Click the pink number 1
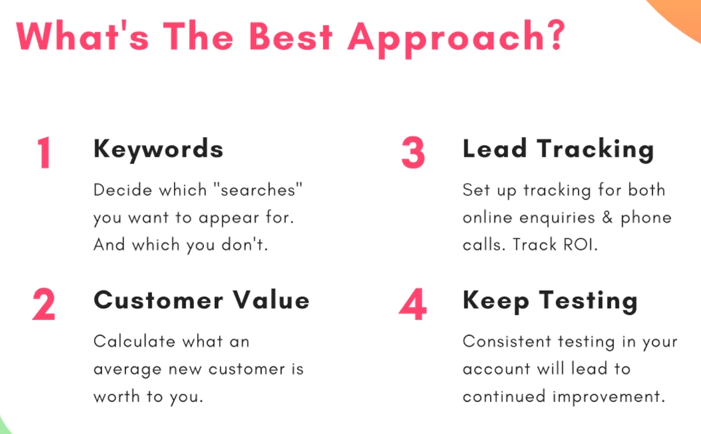tap(44, 153)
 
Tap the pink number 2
tap(44, 304)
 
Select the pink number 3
tap(413, 153)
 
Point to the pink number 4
tap(413, 304)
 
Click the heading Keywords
tap(158, 150)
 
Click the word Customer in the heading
tap(158, 300)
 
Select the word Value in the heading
tap(272, 300)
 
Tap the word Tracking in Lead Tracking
tap(596, 150)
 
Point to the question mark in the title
tap(557, 34)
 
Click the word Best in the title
tap(291, 37)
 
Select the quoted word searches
tap(258, 190)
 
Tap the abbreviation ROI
tap(578, 244)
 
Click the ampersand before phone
tap(608, 218)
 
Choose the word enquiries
tap(557, 218)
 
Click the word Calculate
tap(134, 341)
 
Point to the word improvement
tap(609, 397)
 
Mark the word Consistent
tap(506, 341)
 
